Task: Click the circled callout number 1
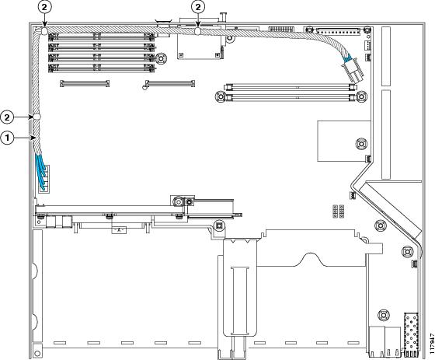pyautogui.click(x=7, y=138)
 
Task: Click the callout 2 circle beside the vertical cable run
pyautogui.click(x=7, y=117)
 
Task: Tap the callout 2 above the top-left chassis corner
pyautogui.click(x=44, y=8)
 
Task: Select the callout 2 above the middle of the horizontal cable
pyautogui.click(x=198, y=8)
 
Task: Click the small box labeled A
pyautogui.click(x=119, y=230)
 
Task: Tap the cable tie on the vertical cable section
pyautogui.click(x=37, y=117)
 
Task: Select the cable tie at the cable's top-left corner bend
pyautogui.click(x=45, y=31)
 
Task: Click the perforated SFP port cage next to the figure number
pyautogui.click(x=411, y=334)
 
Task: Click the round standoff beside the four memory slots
pyautogui.click(x=162, y=58)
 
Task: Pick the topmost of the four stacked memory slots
pyautogui.click(x=102, y=36)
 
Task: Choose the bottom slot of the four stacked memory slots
pyautogui.click(x=102, y=68)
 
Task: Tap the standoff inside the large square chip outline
pyautogui.click(x=361, y=144)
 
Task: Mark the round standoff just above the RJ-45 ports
pyautogui.click(x=384, y=315)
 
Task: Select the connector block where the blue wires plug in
pyautogui.click(x=45, y=179)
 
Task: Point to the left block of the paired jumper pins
pyautogui.click(x=335, y=211)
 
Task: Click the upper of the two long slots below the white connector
pyautogui.click(x=289, y=88)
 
